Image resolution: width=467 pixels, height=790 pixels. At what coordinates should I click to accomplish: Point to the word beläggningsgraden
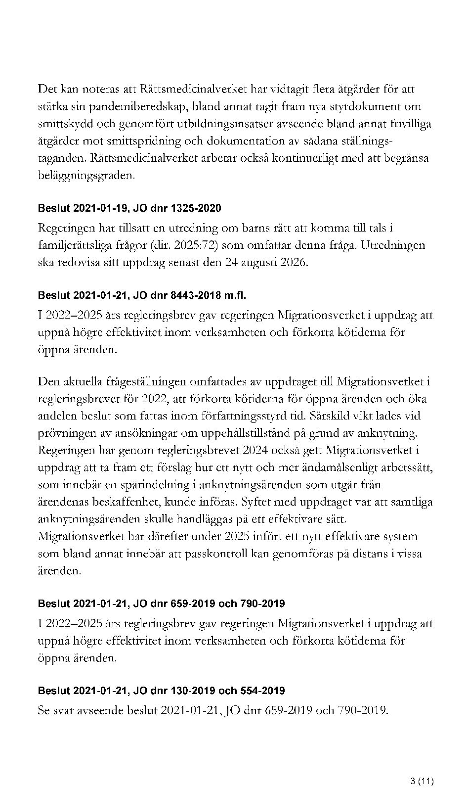86,176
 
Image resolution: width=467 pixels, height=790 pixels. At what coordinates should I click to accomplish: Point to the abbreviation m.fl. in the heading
235,296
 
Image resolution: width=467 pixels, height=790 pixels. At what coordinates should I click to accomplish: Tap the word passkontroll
215,554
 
